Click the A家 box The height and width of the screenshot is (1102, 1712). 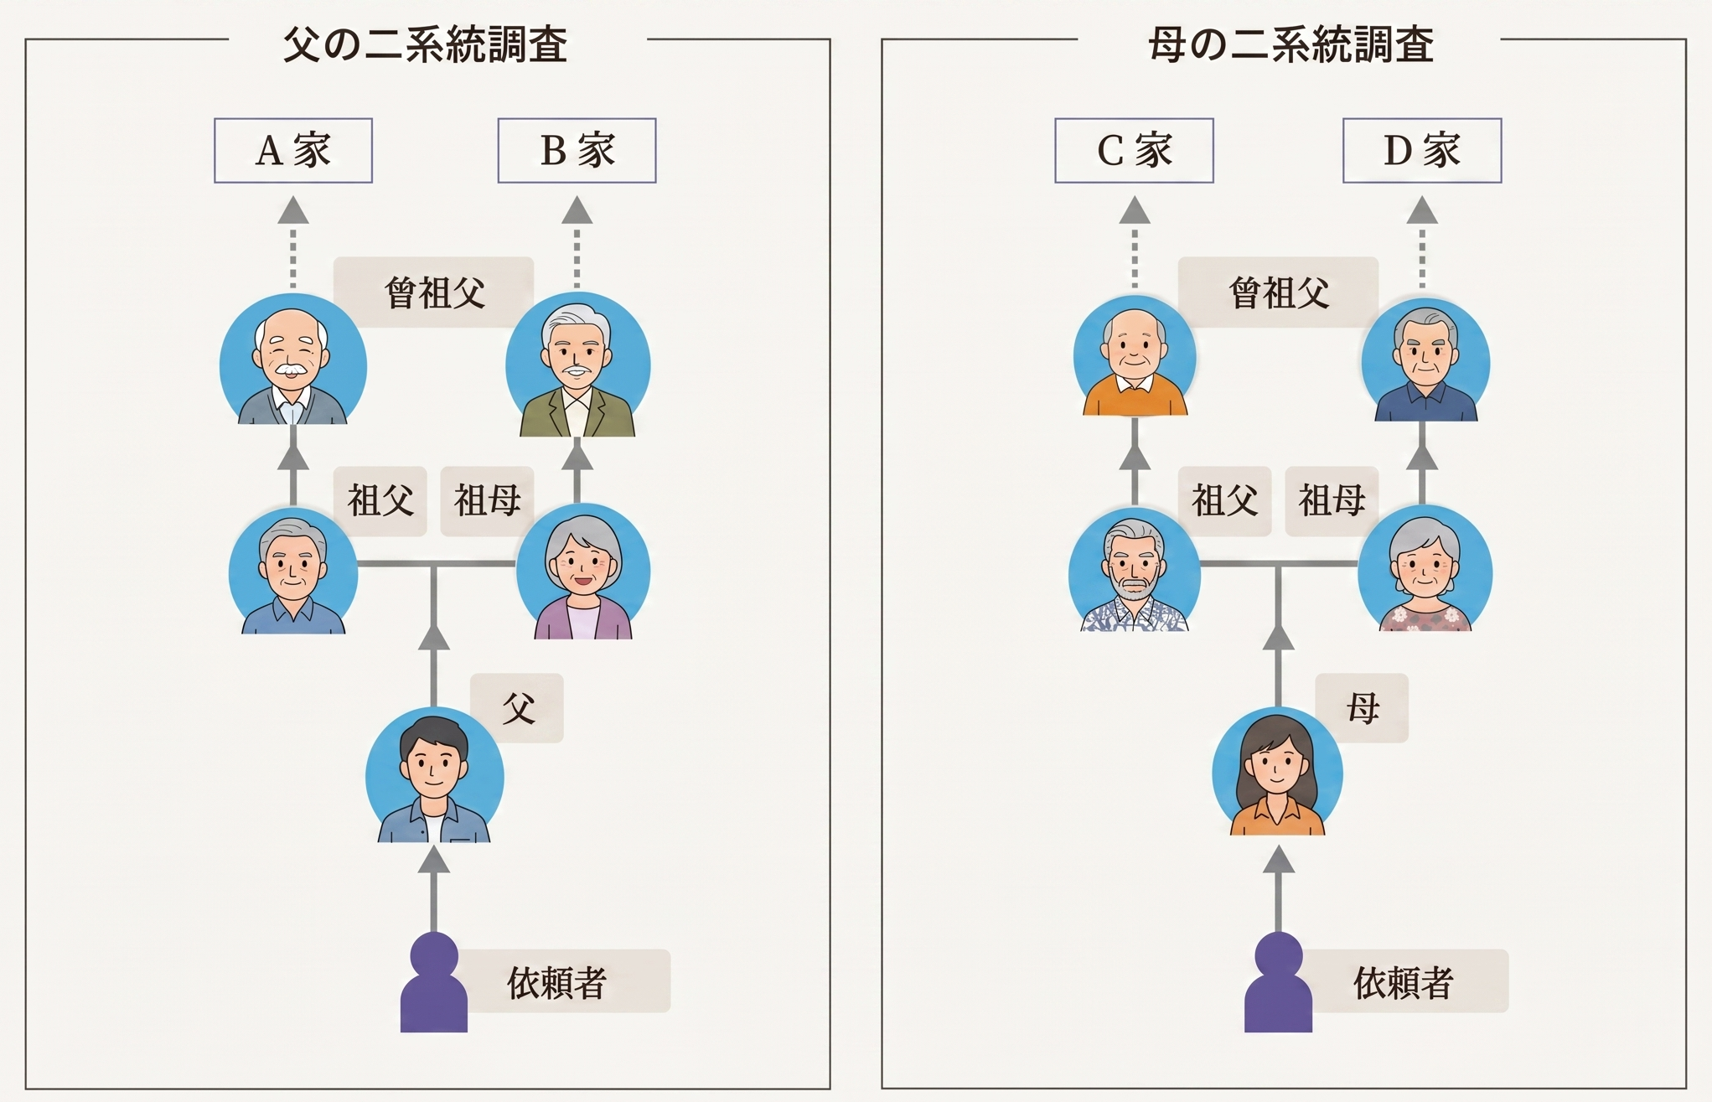pos(293,151)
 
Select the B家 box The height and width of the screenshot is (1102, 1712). pos(577,151)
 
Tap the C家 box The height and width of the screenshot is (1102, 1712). pos(1134,151)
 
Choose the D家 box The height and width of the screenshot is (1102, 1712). pos(1422,151)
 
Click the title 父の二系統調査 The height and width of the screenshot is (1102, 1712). pos(426,44)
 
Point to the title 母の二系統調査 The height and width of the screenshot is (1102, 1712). pos(1291,44)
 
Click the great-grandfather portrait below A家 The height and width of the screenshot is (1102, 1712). pos(293,360)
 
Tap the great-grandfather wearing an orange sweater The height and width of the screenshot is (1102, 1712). pos(1135,356)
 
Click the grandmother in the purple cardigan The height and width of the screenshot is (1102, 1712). pos(583,572)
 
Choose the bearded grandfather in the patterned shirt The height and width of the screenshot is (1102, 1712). pos(1135,570)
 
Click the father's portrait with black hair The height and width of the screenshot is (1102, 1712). pos(435,775)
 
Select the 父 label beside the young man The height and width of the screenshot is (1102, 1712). pos(518,708)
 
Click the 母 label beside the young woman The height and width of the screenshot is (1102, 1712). pos(1363,708)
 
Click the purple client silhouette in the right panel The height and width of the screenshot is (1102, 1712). pos(1278,982)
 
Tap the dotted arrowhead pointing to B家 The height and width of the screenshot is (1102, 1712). pos(577,210)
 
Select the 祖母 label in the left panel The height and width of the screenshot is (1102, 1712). pos(488,501)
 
